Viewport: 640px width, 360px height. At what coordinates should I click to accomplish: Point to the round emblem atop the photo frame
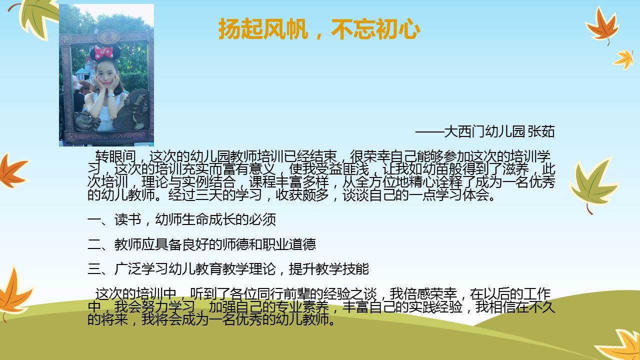click(108, 37)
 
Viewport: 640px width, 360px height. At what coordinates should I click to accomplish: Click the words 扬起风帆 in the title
click(263, 29)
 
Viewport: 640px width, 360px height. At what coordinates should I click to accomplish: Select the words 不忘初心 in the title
click(375, 29)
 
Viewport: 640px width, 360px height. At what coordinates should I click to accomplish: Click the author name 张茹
click(541, 131)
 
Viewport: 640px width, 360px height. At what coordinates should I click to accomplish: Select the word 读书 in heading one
click(128, 219)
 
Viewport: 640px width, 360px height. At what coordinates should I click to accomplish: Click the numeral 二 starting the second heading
click(94, 244)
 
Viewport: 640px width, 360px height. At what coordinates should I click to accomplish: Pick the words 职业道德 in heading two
click(289, 244)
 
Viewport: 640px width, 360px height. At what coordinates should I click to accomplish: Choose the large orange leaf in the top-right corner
click(601, 25)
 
